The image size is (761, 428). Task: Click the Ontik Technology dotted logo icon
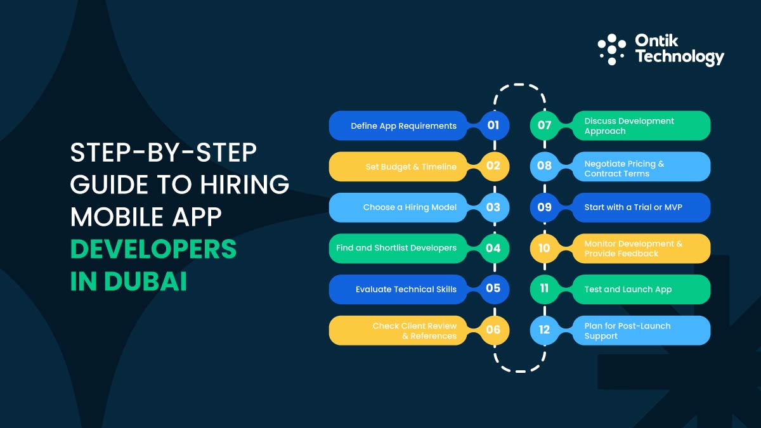(x=611, y=49)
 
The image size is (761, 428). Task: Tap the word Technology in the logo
(x=679, y=57)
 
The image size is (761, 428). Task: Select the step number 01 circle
(x=493, y=126)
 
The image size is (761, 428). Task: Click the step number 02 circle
(x=493, y=166)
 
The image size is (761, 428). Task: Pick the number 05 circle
(x=493, y=289)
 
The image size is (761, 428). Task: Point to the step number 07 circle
(x=545, y=126)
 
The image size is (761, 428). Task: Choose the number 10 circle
(x=545, y=248)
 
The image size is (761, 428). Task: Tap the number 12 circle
(x=545, y=330)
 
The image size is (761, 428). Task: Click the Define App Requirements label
(x=403, y=126)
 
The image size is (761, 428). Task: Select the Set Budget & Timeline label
(x=410, y=167)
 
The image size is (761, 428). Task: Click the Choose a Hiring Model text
(x=410, y=207)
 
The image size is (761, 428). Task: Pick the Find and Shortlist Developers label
(x=396, y=248)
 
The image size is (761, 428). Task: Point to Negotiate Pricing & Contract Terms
(x=624, y=169)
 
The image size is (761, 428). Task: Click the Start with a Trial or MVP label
(x=633, y=207)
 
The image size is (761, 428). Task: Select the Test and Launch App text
(x=628, y=289)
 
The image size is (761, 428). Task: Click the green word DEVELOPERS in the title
(x=153, y=249)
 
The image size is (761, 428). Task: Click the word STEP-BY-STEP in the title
(x=163, y=153)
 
